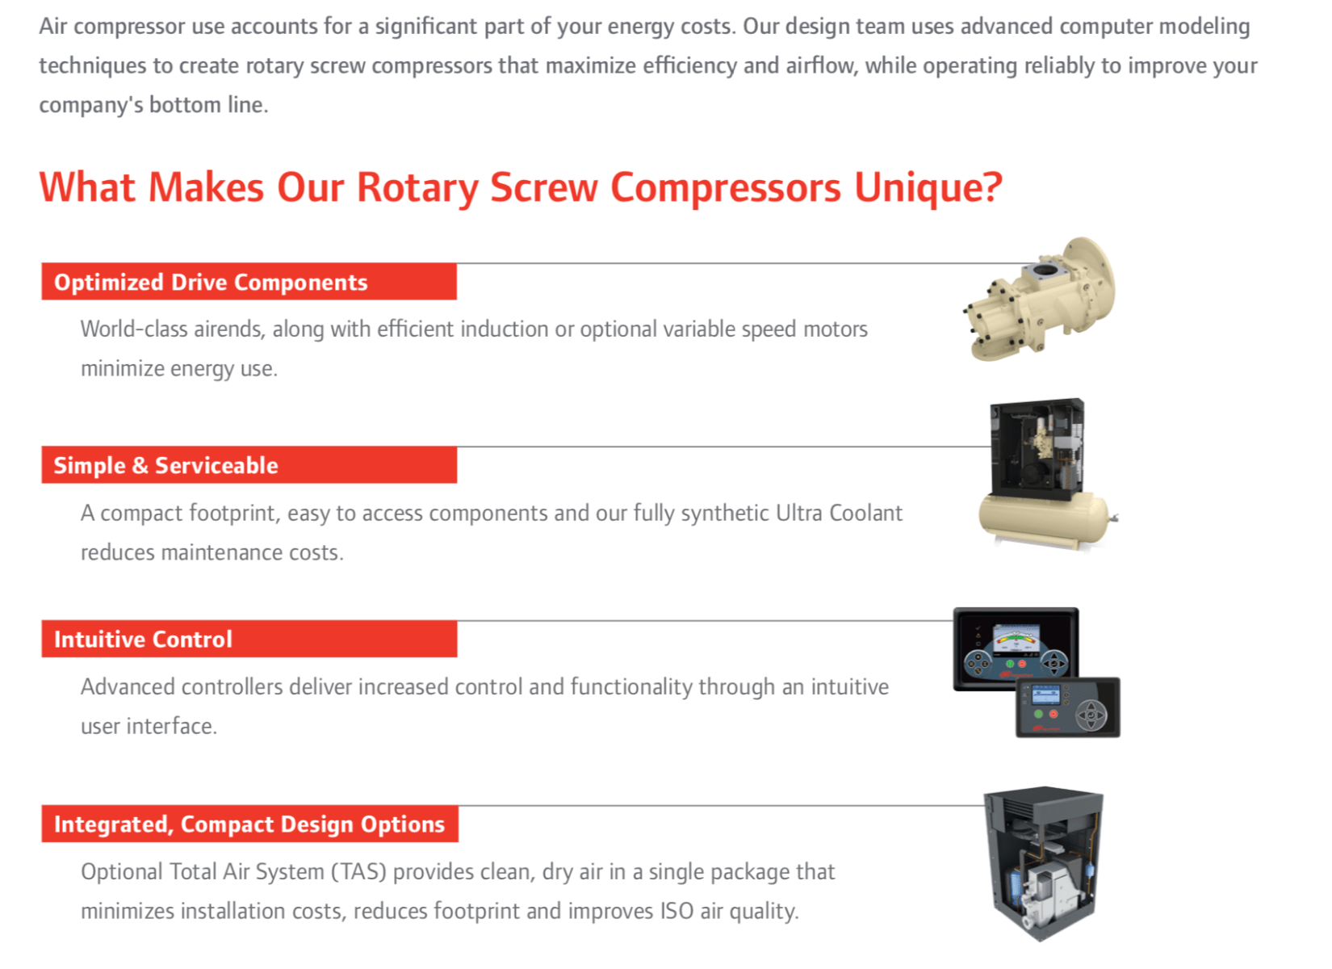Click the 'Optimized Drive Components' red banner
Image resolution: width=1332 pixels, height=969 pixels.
click(x=249, y=281)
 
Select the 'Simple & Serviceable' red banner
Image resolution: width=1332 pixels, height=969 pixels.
click(x=249, y=465)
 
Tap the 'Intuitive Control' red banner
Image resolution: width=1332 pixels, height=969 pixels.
click(x=249, y=639)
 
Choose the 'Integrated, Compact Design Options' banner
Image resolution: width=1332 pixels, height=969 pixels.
click(x=249, y=824)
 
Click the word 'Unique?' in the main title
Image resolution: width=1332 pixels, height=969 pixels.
click(x=928, y=188)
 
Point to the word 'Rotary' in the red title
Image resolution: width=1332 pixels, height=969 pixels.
click(x=417, y=188)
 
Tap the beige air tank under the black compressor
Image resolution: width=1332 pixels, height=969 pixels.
click(x=1046, y=519)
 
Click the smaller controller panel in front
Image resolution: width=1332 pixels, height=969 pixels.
click(x=1068, y=707)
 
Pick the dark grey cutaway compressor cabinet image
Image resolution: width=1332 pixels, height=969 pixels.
click(x=1044, y=864)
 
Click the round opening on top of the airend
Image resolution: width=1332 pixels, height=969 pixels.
click(x=1045, y=271)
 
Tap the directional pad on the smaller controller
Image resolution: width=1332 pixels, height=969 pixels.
click(x=1091, y=715)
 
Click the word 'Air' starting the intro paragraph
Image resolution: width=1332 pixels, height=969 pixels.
click(x=53, y=26)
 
